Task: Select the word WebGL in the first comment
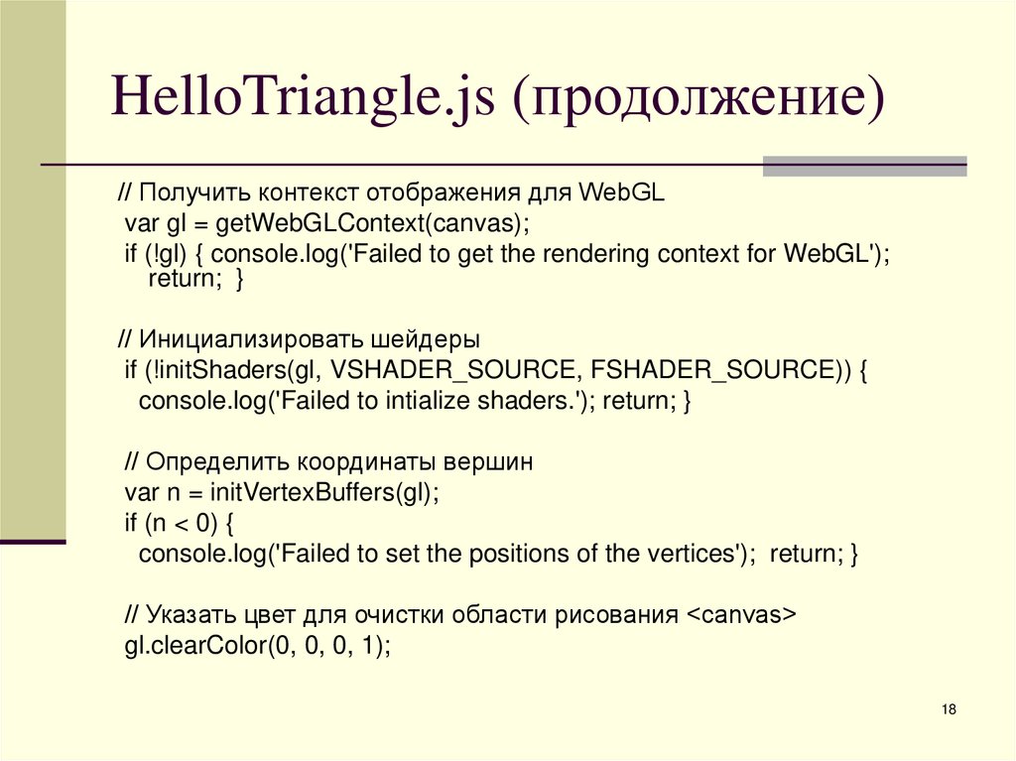[621, 191]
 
